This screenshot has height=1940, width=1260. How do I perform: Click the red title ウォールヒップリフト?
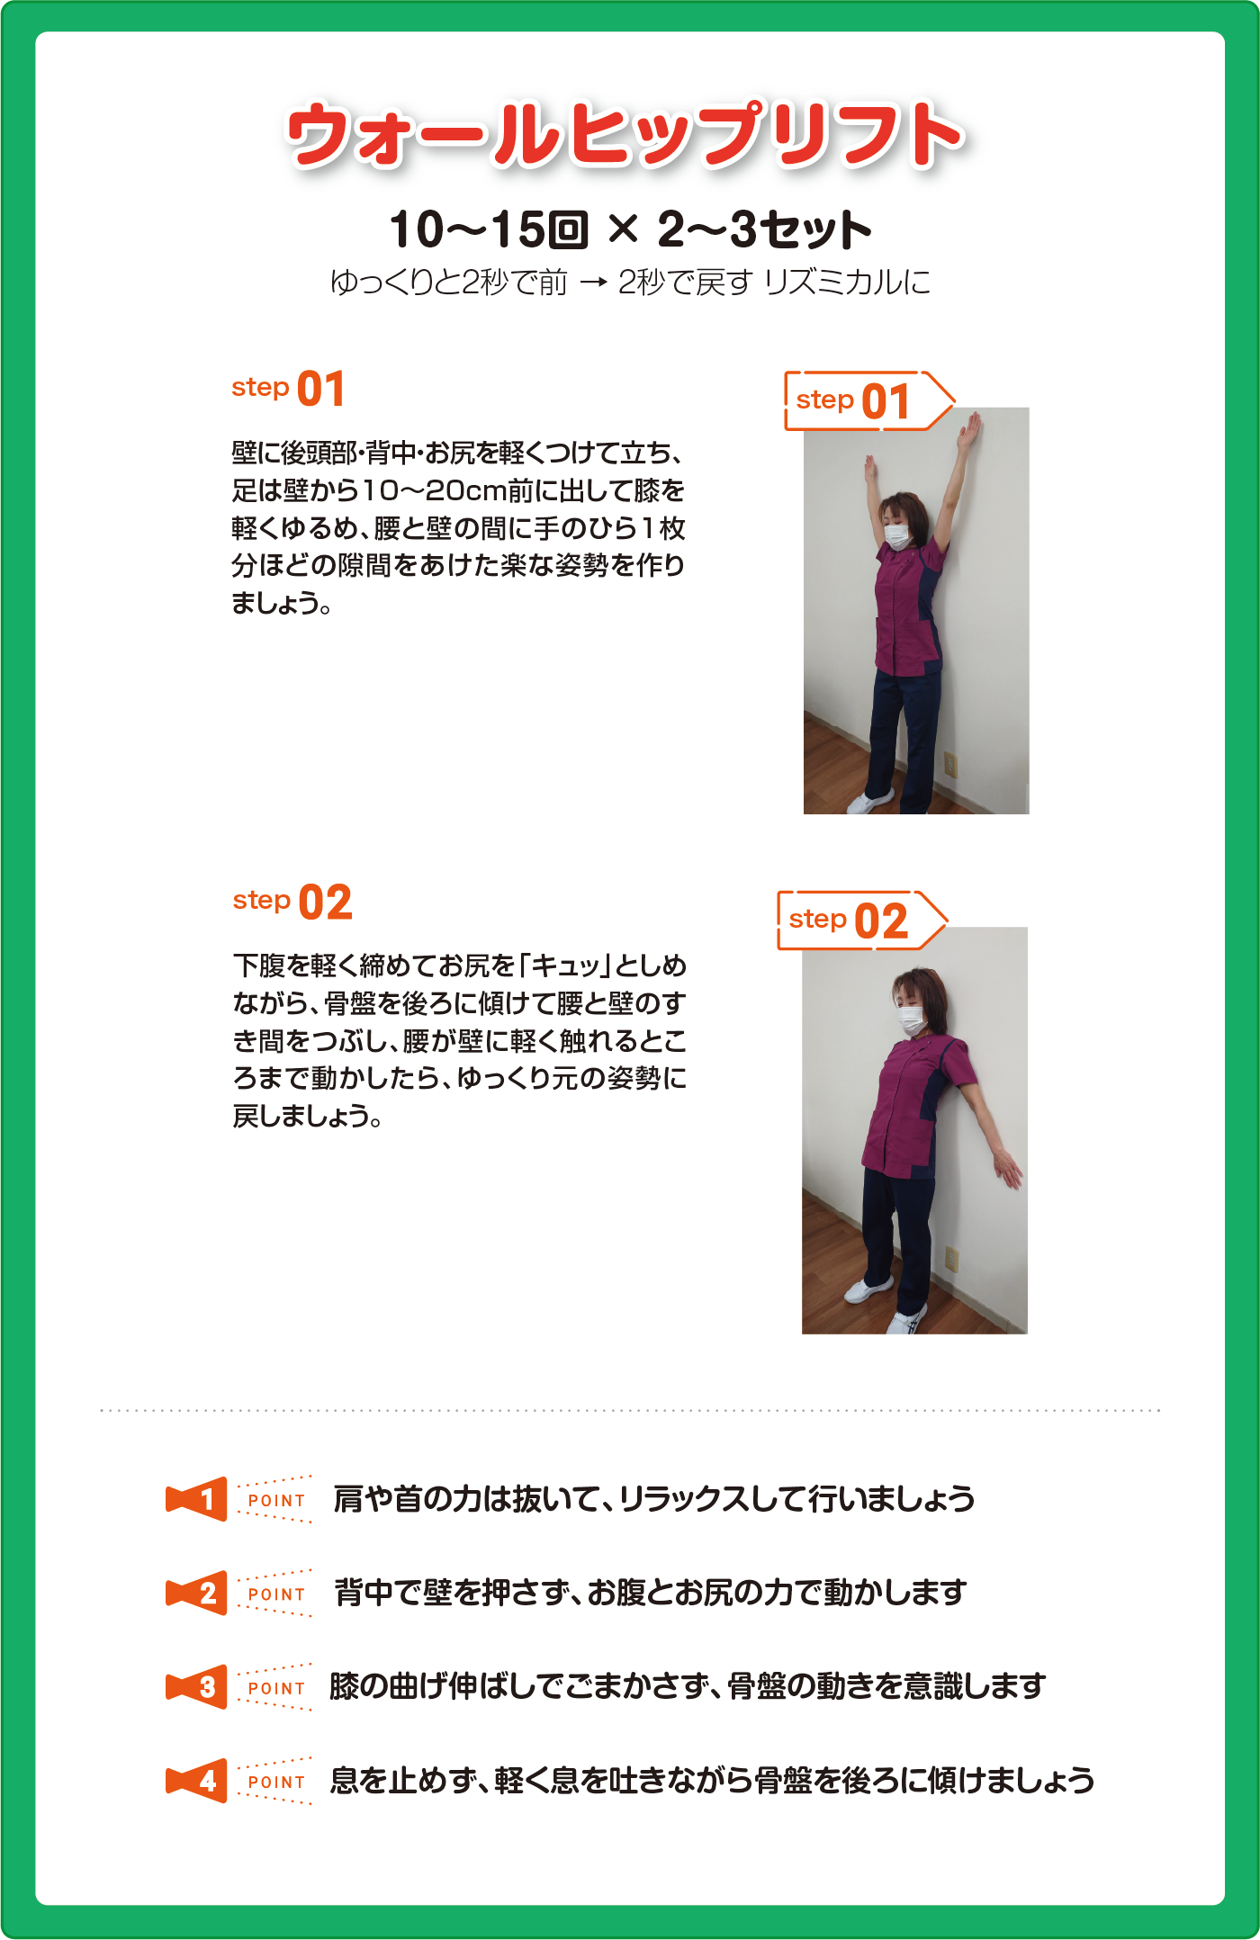pyautogui.click(x=625, y=134)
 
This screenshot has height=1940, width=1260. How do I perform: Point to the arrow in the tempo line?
pyautogui.click(x=593, y=283)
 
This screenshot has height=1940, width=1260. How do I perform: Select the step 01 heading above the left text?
pyautogui.click(x=288, y=389)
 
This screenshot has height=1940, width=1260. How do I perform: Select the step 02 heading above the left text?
pyautogui.click(x=292, y=902)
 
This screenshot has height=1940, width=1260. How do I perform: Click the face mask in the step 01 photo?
pyautogui.click(x=899, y=535)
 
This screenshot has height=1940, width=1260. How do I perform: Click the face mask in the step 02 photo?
pyautogui.click(x=912, y=1019)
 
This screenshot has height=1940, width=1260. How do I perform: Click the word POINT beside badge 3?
pyautogui.click(x=276, y=1688)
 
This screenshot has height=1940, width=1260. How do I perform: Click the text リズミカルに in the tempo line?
pyautogui.click(x=846, y=283)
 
